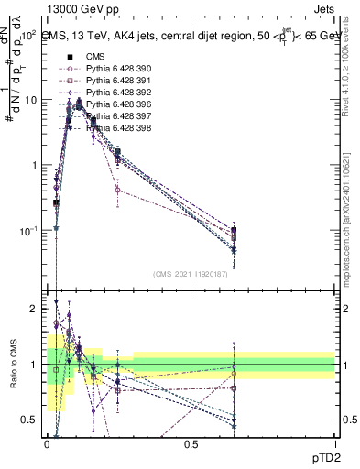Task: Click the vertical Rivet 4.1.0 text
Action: (x=351, y=69)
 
